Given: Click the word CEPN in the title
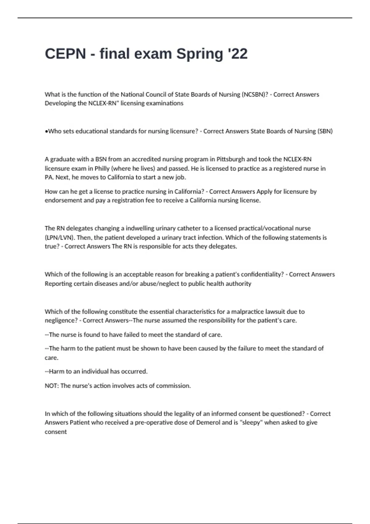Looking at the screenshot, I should tap(65, 54).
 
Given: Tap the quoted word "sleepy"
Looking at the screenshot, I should tap(251, 423).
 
